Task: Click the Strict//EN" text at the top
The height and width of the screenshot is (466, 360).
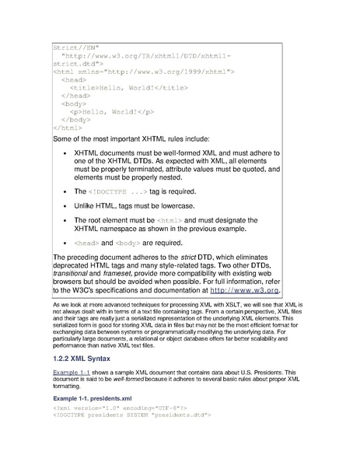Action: [71, 47]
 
